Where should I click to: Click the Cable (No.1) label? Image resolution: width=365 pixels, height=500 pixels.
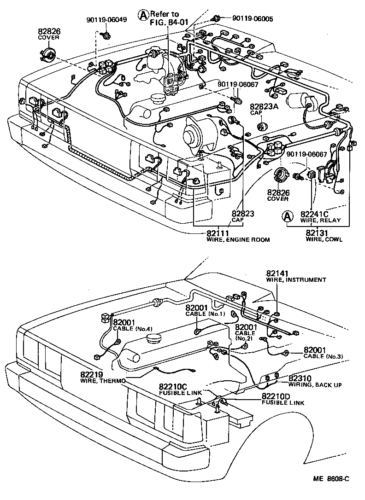[205, 310]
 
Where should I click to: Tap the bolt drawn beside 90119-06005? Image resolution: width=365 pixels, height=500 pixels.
[215, 18]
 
